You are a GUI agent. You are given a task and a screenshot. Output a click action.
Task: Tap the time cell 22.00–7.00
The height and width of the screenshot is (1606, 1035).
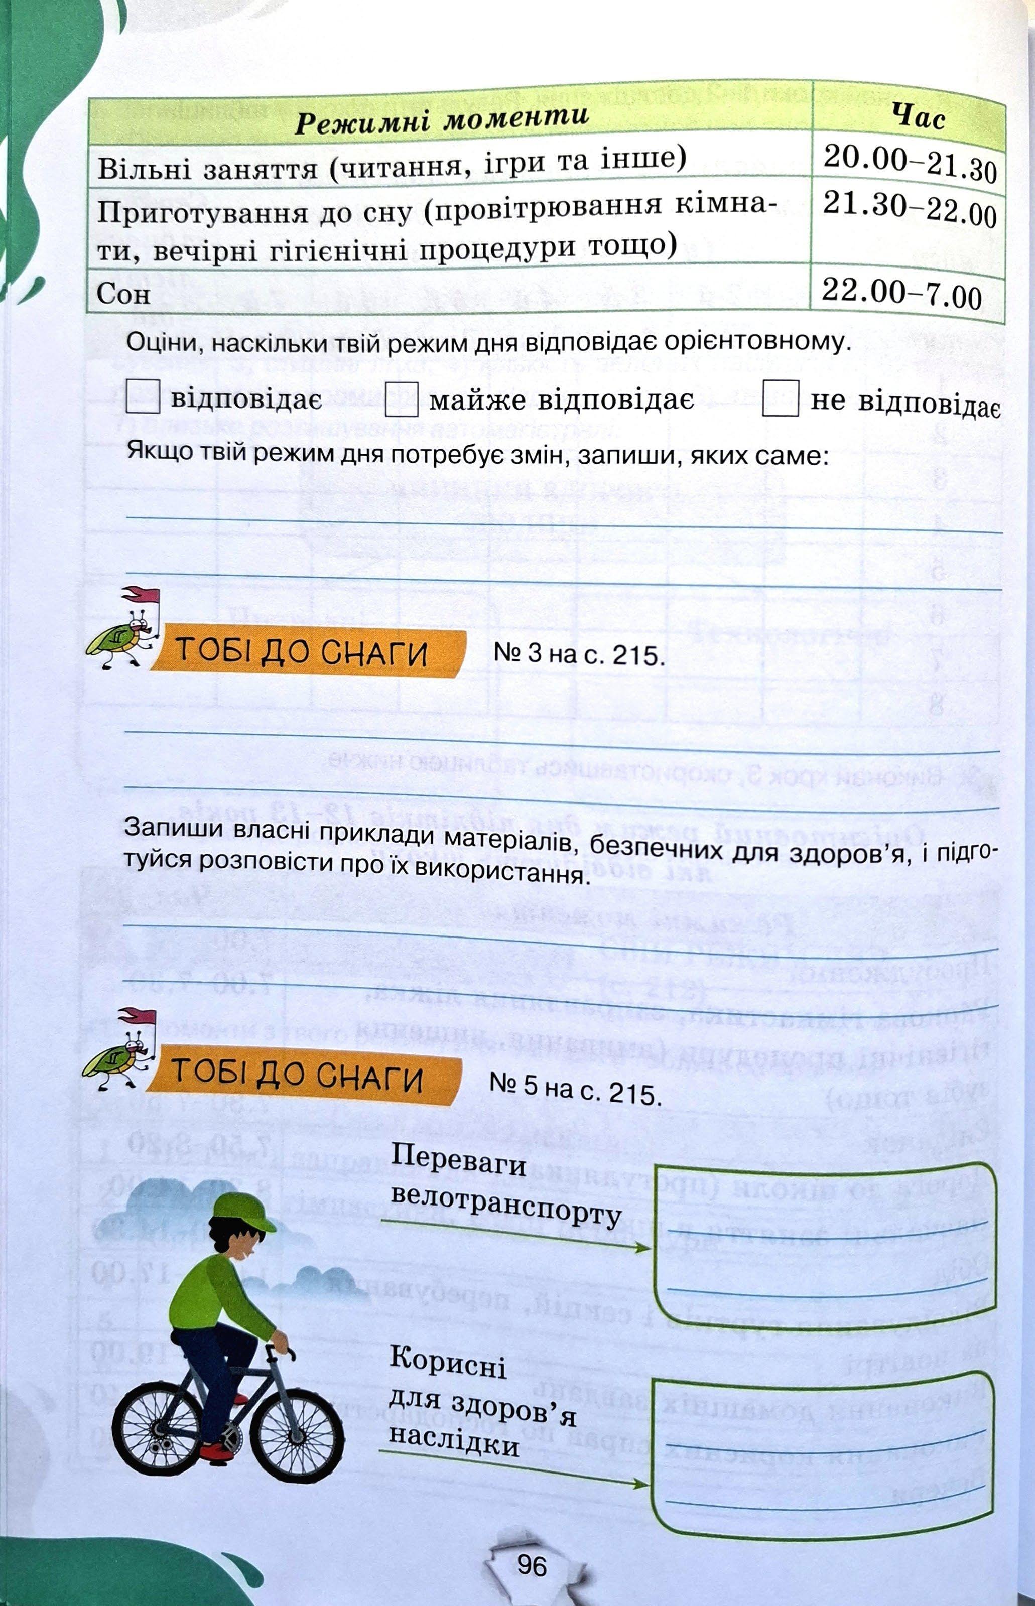click(x=901, y=292)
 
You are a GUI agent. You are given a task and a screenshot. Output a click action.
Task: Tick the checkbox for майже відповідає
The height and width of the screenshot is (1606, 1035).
click(x=401, y=399)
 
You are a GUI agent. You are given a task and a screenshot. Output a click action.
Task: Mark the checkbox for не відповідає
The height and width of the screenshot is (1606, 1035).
click(x=781, y=399)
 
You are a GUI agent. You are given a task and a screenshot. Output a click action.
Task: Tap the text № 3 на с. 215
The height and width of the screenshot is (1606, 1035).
click(x=579, y=654)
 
